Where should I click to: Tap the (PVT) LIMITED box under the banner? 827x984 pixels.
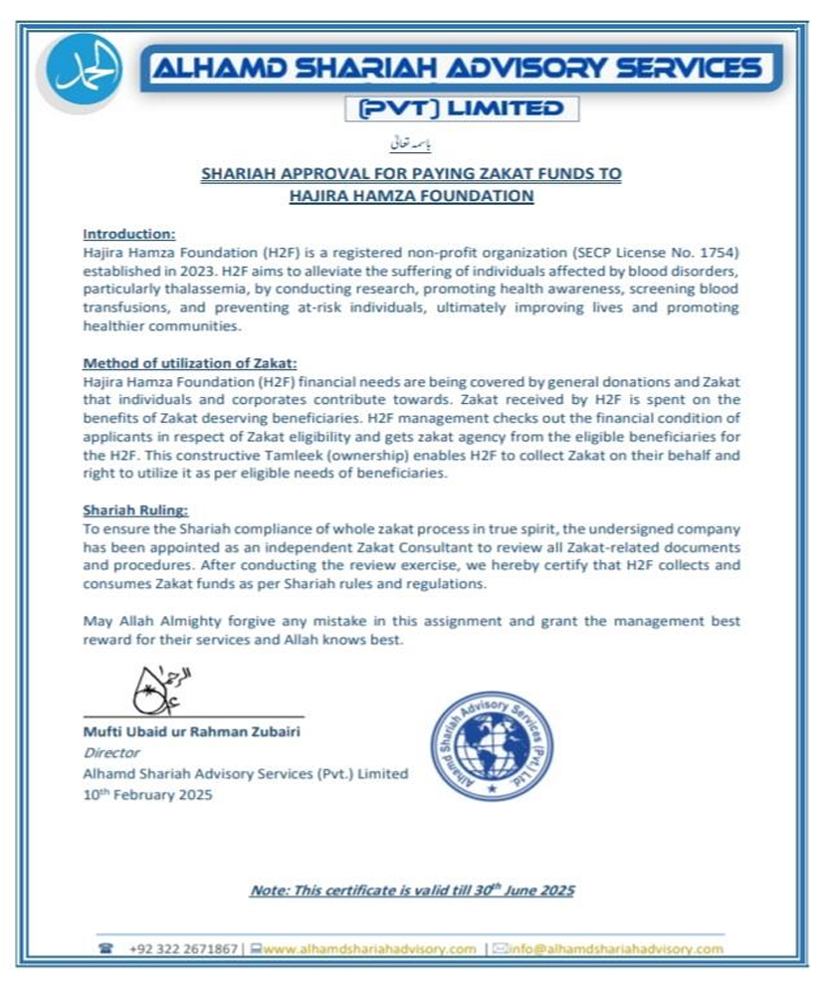coord(461,108)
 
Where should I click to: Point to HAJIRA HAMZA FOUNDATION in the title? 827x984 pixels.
coord(411,196)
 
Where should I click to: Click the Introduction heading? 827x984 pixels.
coord(128,234)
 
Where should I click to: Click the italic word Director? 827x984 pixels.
coord(105,753)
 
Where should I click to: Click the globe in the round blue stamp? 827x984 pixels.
coord(492,747)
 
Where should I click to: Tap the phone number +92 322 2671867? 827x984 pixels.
coord(183,948)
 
